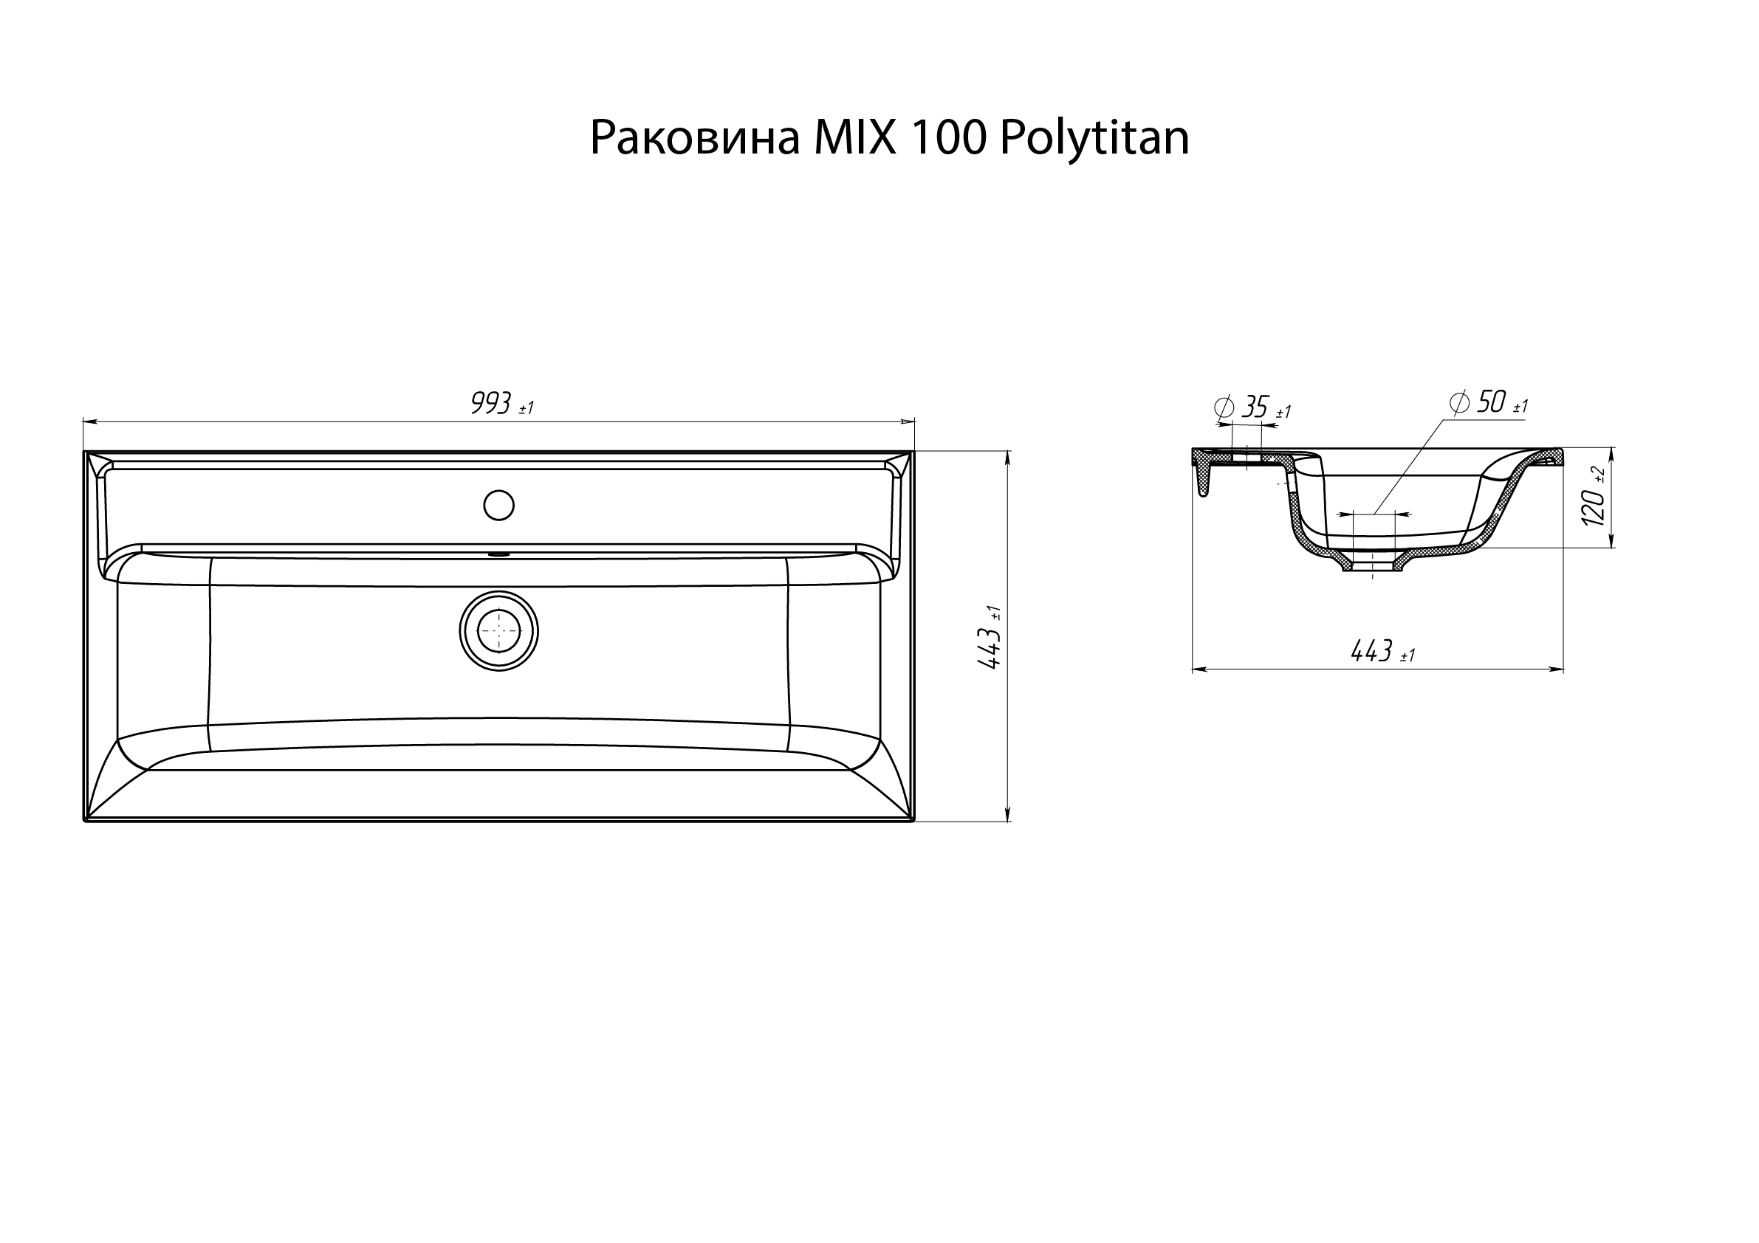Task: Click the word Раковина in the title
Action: [694, 140]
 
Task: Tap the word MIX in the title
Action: [854, 140]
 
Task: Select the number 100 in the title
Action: [948, 140]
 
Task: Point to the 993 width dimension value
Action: [490, 403]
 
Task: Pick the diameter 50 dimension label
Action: [1490, 402]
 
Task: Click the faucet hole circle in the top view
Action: [498, 505]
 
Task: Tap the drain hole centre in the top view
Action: [498, 633]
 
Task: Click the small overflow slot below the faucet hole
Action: [498, 552]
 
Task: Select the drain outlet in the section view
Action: [1372, 565]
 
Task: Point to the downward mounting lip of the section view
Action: [1203, 483]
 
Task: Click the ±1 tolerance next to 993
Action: [527, 409]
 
